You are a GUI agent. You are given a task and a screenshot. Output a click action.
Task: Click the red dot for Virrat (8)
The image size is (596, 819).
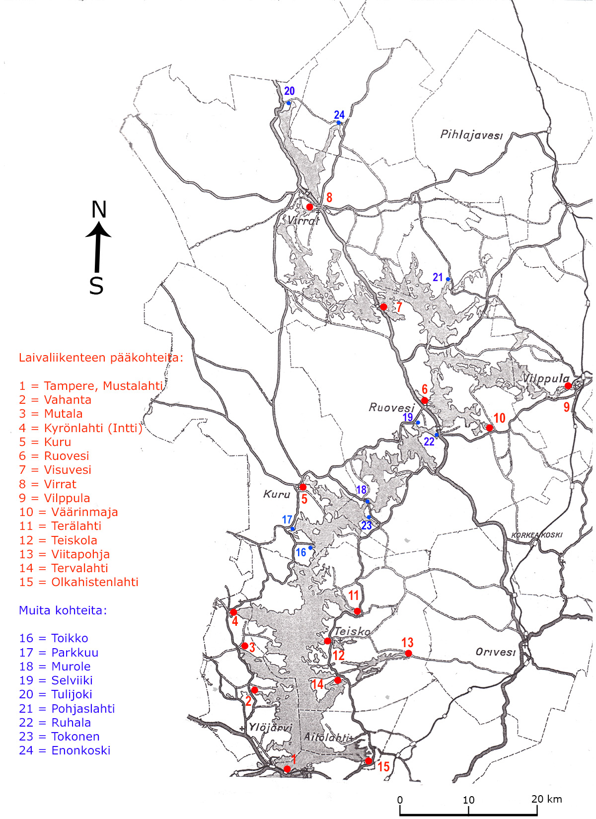tap(309, 207)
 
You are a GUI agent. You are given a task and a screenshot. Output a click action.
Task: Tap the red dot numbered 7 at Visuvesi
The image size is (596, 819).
tap(383, 307)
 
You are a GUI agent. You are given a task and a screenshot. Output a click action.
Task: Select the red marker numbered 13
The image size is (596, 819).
tap(408, 654)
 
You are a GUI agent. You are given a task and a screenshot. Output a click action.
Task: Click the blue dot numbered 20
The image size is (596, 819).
tap(289, 103)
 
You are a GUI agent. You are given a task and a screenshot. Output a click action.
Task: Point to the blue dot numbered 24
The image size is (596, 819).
tap(339, 123)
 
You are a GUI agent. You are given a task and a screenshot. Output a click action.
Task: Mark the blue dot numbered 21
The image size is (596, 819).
tap(448, 279)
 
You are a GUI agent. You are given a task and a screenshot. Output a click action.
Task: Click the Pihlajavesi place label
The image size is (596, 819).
tap(471, 135)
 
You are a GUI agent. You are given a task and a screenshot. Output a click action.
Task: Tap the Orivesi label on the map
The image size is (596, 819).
tap(495, 652)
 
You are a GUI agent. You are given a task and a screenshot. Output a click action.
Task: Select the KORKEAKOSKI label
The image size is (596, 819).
tap(537, 535)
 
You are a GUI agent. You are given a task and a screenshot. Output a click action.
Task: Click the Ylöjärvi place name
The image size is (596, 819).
tap(270, 728)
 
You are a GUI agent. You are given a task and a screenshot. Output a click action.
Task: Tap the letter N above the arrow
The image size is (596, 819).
tap(99, 210)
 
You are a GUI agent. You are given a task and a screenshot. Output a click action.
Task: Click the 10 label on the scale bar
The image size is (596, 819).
tap(468, 800)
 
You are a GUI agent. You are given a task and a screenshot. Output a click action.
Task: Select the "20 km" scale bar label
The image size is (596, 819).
tap(546, 799)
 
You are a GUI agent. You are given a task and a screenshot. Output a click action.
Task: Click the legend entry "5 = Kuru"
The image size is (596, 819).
tap(45, 442)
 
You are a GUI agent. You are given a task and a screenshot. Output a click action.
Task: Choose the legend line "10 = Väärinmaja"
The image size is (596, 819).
tap(69, 512)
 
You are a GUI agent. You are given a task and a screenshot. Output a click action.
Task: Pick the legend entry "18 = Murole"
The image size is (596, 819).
tap(55, 667)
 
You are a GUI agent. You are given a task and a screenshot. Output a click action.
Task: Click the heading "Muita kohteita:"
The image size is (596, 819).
tap(63, 610)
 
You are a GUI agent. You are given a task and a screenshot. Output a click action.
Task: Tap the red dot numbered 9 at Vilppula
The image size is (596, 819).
tap(568, 385)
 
